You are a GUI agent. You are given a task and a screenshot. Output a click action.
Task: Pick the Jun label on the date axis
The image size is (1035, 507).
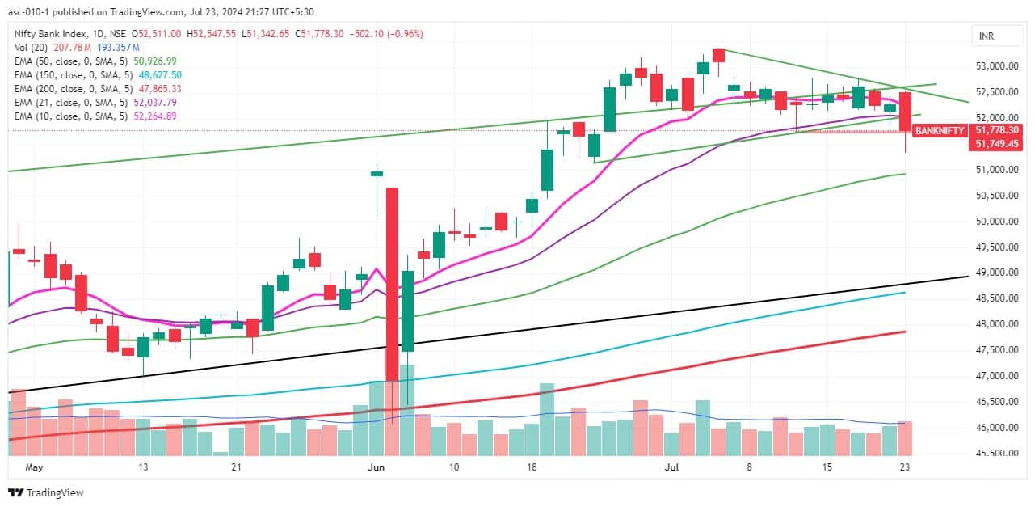[377, 467]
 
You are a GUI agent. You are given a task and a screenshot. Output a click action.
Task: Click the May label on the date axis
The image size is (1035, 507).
[33, 467]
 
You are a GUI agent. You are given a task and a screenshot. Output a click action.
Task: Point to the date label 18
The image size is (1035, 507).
[532, 467]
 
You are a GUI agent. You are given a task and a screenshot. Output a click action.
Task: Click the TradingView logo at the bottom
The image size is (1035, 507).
[46, 492]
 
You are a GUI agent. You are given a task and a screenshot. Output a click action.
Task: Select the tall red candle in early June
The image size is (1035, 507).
[392, 283]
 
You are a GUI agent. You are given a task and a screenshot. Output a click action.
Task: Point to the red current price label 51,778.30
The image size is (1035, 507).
[999, 129]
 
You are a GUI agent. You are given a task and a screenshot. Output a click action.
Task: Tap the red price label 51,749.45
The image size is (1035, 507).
[999, 143]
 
